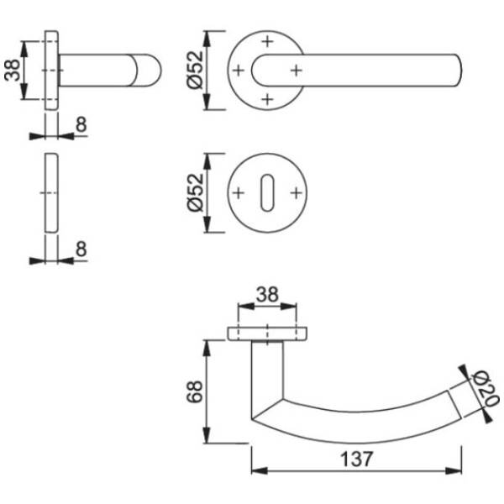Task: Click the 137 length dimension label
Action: coord(357,459)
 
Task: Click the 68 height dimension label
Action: coord(195,391)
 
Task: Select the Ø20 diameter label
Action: coord(484,389)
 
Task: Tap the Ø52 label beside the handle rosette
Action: coord(195,70)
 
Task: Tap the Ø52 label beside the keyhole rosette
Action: coord(195,192)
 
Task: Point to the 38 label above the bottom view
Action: coord(267,295)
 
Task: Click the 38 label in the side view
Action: coord(13,71)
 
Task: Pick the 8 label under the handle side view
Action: coord(81,124)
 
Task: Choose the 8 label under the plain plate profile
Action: coord(81,249)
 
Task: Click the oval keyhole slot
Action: coord(267,193)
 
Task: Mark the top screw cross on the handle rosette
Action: coord(267,41)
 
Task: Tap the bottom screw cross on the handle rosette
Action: coord(267,99)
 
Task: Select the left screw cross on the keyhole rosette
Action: coord(239,193)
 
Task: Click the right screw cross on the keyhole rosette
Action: coord(297,193)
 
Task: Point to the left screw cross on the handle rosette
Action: coord(239,70)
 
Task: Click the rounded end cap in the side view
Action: coord(146,70)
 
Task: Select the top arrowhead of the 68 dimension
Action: coord(207,348)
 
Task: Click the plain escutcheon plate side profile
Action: coord(52,193)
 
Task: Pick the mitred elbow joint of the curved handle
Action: coord(267,409)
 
